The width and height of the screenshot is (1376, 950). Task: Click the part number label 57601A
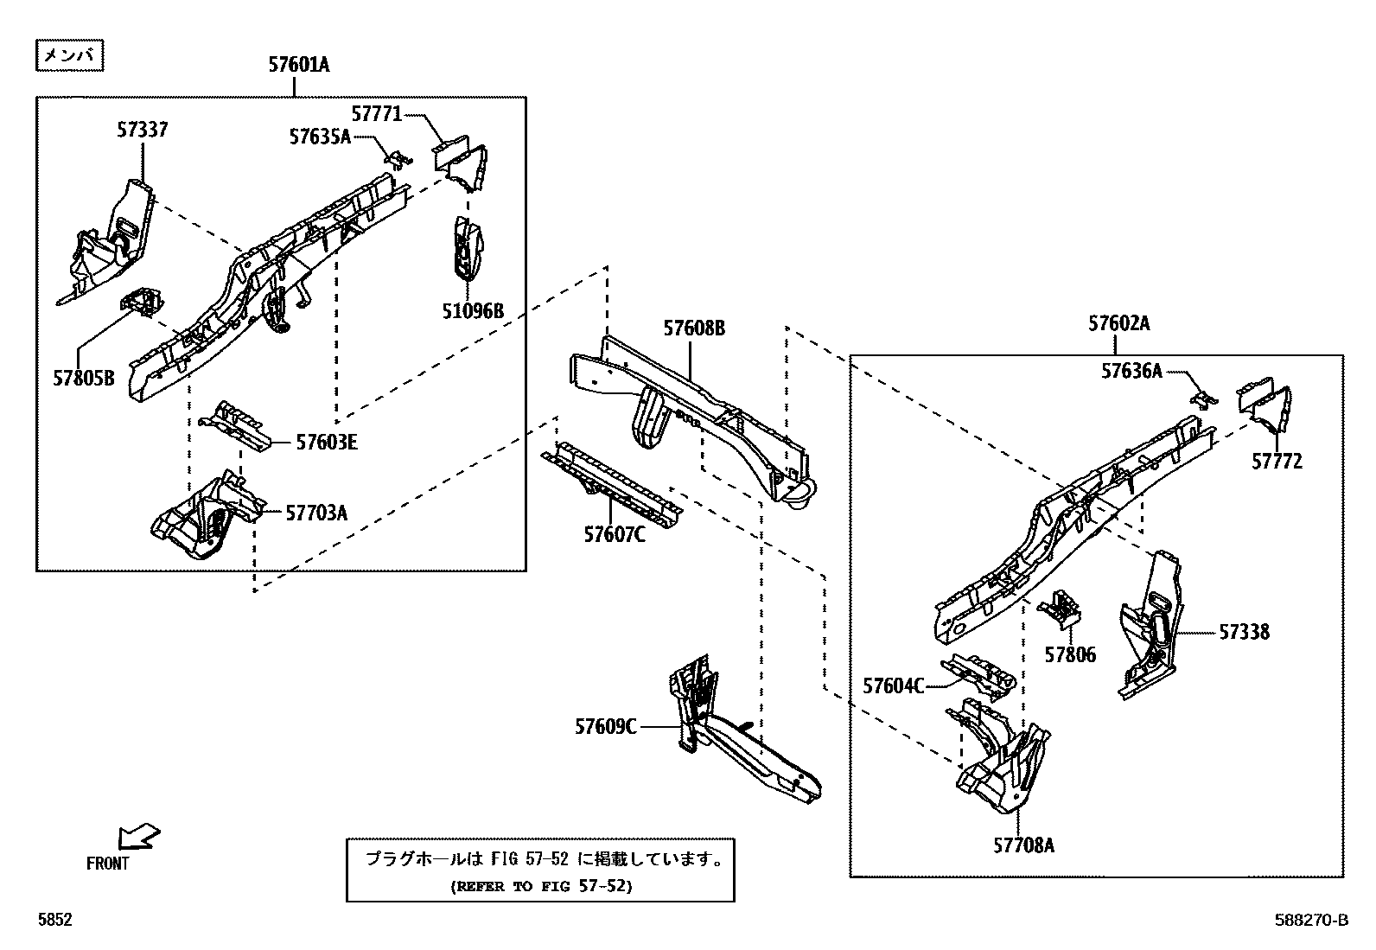click(299, 65)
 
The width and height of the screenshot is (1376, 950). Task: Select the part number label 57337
click(143, 130)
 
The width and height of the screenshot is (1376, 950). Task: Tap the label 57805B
click(83, 379)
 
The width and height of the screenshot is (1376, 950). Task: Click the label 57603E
click(326, 443)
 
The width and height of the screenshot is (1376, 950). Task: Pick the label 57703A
click(316, 513)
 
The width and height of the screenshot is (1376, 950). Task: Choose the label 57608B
click(693, 328)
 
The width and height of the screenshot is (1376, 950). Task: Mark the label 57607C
click(614, 535)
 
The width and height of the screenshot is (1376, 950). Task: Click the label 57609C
click(605, 727)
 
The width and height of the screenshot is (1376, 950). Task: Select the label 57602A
click(1119, 323)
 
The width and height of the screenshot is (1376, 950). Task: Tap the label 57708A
click(1023, 845)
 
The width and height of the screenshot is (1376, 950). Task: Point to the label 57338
click(1244, 632)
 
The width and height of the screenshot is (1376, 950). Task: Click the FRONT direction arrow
click(138, 836)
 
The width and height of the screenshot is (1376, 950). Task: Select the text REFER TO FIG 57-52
click(541, 886)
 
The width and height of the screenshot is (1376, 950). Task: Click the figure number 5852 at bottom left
click(54, 921)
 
